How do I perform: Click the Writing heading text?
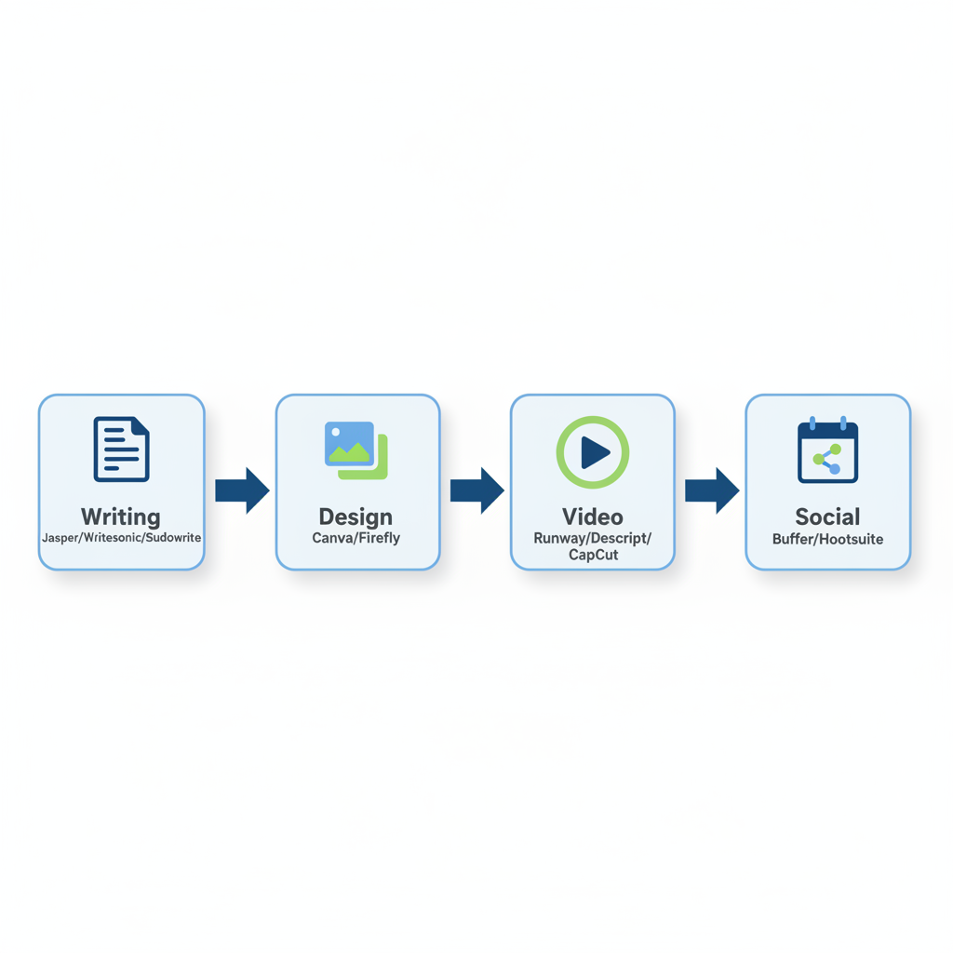[121, 517]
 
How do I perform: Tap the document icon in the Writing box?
[121, 450]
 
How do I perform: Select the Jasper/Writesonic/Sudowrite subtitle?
[121, 538]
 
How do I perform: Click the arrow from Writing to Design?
[242, 490]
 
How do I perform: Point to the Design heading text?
[356, 517]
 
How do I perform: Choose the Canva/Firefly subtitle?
[356, 538]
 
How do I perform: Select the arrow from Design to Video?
[476, 490]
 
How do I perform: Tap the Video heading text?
[592, 517]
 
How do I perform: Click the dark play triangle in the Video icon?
[594, 452]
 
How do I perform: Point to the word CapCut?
[592, 556]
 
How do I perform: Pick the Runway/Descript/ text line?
[592, 539]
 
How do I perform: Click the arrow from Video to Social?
[712, 490]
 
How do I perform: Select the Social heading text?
[827, 517]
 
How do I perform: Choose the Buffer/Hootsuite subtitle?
[827, 539]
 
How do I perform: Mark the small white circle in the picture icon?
[336, 433]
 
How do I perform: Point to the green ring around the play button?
[562, 452]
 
